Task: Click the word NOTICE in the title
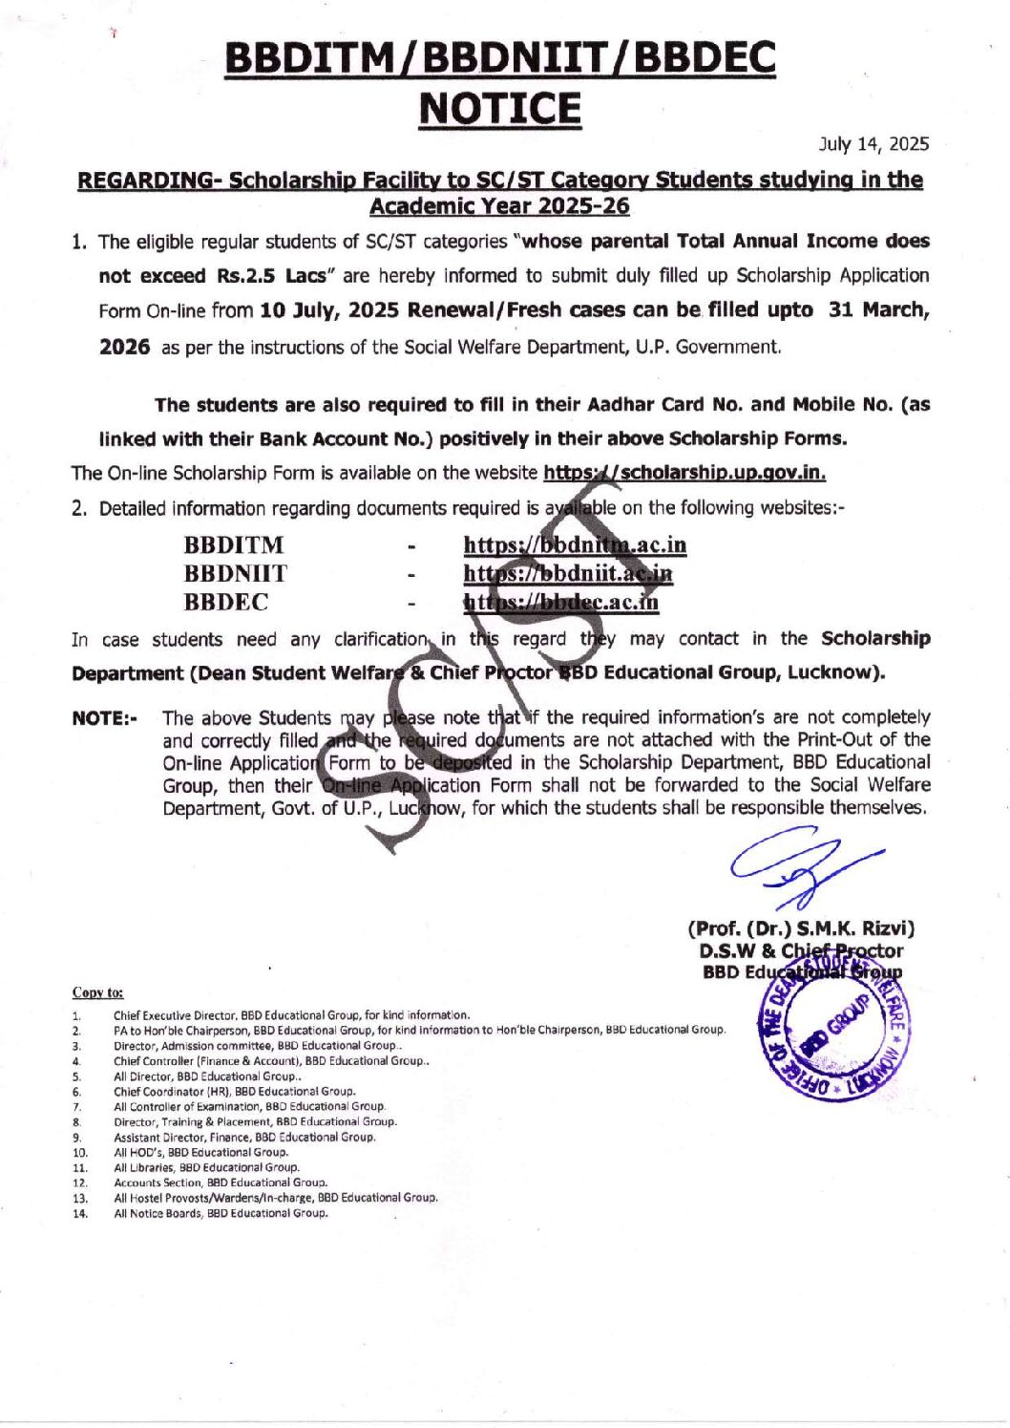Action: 499,109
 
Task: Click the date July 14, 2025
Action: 873,144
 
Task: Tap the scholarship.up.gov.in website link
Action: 684,473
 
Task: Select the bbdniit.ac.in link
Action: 568,574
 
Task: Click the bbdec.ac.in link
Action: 561,603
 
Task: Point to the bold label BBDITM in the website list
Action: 234,545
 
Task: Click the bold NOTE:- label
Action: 105,718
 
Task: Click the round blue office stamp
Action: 832,1037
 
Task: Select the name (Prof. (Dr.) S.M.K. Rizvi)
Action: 801,928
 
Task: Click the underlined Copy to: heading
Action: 97,992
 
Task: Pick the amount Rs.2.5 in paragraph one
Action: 246,276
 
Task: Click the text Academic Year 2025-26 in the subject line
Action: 499,206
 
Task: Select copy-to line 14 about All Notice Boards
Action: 221,1213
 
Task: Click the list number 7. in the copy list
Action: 76,1107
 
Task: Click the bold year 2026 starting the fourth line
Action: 124,347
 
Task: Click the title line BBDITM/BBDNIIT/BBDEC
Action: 499,59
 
